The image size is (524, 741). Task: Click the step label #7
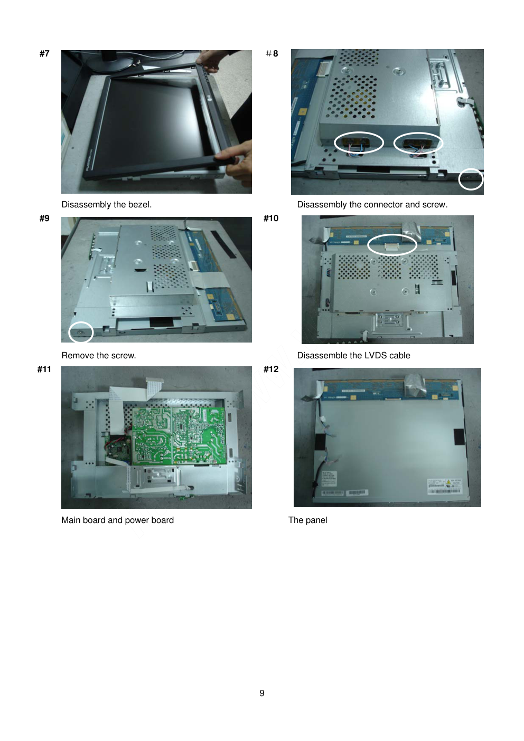coord(44,54)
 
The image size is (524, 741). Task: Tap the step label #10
coord(271,218)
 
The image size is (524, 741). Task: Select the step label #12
coord(271,369)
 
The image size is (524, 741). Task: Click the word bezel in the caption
coord(141,204)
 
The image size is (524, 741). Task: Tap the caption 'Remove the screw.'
coord(99,355)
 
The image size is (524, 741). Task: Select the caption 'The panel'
coord(307,520)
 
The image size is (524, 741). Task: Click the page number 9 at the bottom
coord(262,693)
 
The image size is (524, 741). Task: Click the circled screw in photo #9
coord(80,332)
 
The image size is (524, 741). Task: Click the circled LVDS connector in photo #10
coord(392,245)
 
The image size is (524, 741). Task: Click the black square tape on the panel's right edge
coord(458,436)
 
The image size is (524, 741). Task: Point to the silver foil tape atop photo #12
coord(414,385)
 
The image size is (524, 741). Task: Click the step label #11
coord(44,369)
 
